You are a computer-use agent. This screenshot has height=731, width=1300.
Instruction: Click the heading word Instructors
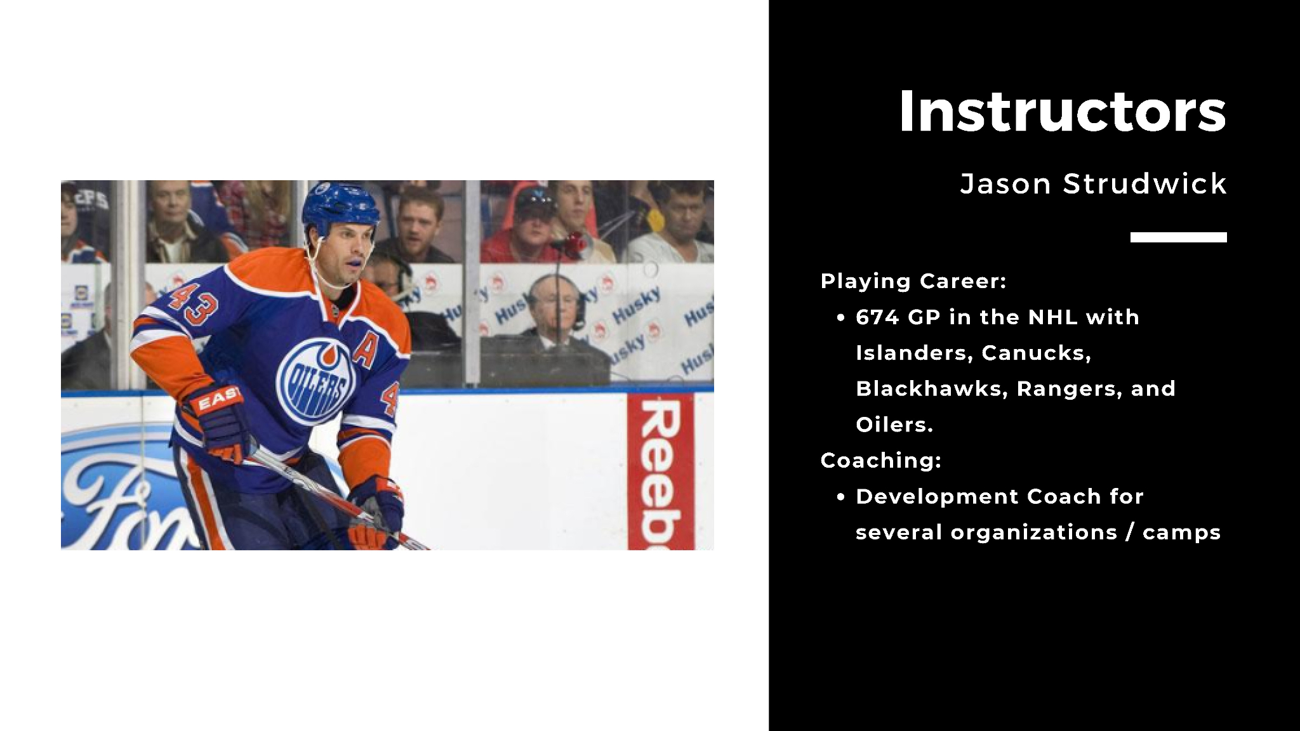click(x=1062, y=112)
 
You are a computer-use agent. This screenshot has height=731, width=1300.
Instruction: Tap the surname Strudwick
click(x=1144, y=184)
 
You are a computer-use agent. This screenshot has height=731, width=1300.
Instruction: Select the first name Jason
click(x=1005, y=184)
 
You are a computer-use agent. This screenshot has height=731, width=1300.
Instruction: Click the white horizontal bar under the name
click(x=1178, y=237)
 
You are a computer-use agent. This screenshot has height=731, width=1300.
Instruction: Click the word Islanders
click(x=913, y=353)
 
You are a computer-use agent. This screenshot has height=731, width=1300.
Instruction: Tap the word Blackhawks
click(x=932, y=388)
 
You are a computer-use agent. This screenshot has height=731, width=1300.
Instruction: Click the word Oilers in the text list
click(x=894, y=425)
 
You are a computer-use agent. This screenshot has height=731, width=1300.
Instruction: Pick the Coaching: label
click(x=880, y=461)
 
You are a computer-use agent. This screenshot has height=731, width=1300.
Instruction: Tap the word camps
click(x=1181, y=533)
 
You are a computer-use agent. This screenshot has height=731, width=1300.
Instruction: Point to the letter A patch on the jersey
click(x=365, y=350)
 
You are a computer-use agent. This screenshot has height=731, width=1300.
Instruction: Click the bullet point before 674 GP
click(x=840, y=318)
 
